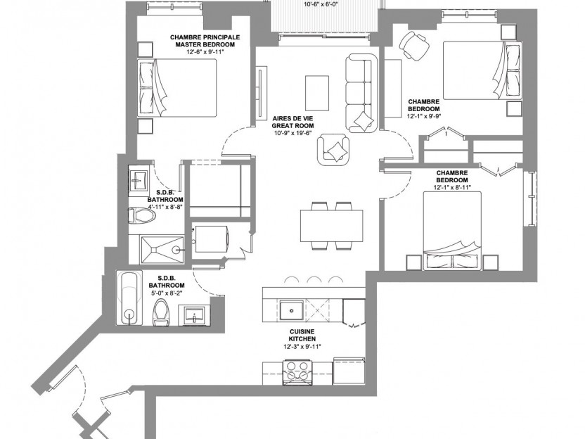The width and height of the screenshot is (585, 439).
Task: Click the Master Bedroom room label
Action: pyautogui.click(x=205, y=41)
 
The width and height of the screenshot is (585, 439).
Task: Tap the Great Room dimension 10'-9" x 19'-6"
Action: pyautogui.click(x=292, y=133)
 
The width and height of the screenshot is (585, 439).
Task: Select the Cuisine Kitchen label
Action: pyautogui.click(x=302, y=335)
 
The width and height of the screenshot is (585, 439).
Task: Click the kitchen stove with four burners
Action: pyautogui.click(x=297, y=371)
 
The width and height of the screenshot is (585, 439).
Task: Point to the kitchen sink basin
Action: pyautogui.click(x=291, y=310)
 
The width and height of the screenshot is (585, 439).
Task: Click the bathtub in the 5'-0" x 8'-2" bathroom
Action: pyautogui.click(x=129, y=298)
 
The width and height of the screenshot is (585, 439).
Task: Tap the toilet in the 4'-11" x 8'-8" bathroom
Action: pyautogui.click(x=142, y=216)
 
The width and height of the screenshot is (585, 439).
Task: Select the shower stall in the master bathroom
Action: pyautogui.click(x=162, y=249)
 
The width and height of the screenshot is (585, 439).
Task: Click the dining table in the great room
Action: pyautogui.click(x=332, y=225)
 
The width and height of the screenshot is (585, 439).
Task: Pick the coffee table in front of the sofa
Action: pyautogui.click(x=317, y=92)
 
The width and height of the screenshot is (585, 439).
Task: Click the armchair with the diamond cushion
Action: pyautogui.click(x=334, y=149)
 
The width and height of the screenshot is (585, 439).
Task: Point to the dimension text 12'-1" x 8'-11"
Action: pyautogui.click(x=452, y=187)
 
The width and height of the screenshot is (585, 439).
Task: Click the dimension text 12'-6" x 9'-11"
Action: pyautogui.click(x=205, y=52)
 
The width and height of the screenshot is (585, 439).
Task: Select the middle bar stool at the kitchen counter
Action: pyautogui.click(x=314, y=281)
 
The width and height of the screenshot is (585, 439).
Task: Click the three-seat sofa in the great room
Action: pyautogui.click(x=361, y=93)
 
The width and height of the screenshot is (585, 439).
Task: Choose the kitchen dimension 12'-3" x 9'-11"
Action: pyautogui.click(x=302, y=346)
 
